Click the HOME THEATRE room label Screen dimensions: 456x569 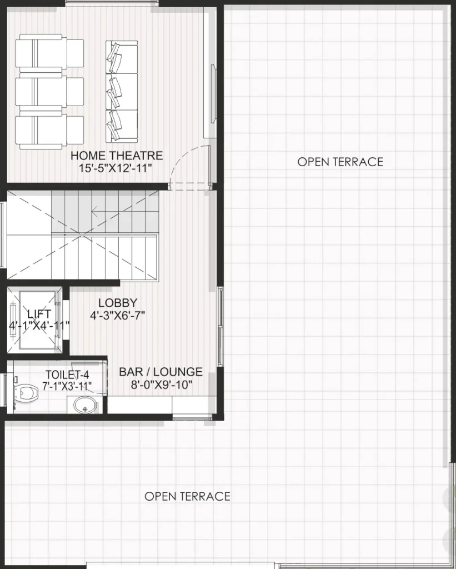pos(117,156)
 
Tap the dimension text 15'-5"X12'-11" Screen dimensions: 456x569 pos(116,168)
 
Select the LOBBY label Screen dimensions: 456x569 pos(118,302)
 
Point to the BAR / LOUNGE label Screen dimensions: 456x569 pos(161,372)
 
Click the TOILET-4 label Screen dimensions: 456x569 pos(67,374)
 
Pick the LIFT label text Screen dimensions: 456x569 pos(39,313)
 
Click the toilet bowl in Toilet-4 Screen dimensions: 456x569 pos(26,393)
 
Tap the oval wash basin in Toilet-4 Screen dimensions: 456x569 pos(85,405)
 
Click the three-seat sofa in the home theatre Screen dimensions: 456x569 pos(122,92)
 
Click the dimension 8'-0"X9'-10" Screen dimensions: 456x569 pos(162,385)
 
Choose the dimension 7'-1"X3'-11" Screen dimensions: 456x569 pos(67,386)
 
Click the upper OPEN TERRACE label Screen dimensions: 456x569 pos(340,162)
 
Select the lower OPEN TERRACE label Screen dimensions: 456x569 pos(187,496)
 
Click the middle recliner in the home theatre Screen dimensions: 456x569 pos(49,91)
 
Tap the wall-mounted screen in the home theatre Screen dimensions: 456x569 pos(214,94)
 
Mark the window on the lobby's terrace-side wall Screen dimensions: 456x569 pos(220,326)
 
